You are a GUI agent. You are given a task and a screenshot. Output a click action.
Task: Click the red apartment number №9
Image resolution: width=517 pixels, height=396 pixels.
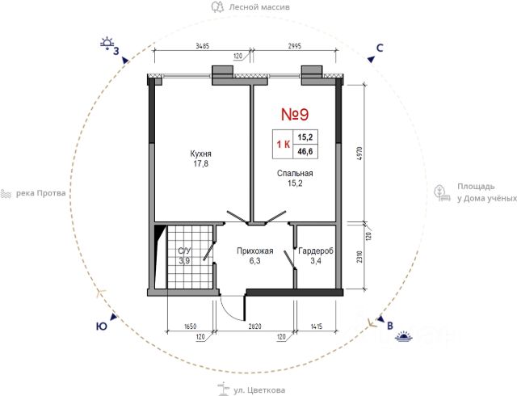[x=295, y=115]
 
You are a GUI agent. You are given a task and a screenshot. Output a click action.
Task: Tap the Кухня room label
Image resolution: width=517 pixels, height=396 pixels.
[x=201, y=154]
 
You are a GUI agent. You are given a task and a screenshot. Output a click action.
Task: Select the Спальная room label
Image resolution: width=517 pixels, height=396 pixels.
[x=295, y=173]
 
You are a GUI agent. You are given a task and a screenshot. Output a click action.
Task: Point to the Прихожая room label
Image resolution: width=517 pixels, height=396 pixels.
[x=255, y=251]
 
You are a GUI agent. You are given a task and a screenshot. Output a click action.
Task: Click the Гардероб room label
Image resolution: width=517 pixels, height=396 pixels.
[x=316, y=251]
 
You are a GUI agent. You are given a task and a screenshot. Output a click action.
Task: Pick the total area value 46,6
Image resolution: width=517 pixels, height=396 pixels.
[x=305, y=152]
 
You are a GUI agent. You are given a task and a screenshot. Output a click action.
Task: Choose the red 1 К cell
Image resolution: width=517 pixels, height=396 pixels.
[x=284, y=144]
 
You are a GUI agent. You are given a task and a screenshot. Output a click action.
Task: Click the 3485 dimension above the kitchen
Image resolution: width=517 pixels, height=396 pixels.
[x=202, y=46]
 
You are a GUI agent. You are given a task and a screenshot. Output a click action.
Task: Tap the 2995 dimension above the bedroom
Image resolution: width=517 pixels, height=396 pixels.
[x=294, y=46]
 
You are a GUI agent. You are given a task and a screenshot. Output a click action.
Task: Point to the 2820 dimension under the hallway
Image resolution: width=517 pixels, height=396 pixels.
[x=255, y=326]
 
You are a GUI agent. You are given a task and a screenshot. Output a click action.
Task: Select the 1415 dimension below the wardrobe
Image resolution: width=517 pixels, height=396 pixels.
[x=316, y=326]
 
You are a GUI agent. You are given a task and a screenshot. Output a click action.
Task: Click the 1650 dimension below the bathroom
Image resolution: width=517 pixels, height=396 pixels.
[x=191, y=326]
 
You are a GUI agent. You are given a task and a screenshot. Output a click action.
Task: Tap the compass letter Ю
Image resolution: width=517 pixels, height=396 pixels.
[x=101, y=326]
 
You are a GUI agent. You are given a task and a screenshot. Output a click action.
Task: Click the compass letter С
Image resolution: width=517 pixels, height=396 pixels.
[x=380, y=48]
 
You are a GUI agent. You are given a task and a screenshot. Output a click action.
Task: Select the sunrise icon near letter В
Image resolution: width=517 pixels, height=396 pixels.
[x=404, y=335]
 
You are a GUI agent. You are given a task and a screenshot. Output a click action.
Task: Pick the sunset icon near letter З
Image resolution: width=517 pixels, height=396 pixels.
[x=107, y=43]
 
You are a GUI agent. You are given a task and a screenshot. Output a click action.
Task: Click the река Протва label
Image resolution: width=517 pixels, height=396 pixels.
[x=41, y=193]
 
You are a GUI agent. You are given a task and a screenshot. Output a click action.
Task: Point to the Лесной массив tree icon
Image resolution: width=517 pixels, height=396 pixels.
[x=217, y=6]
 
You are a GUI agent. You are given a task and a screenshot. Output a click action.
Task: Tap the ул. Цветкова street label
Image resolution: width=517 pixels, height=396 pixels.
[x=259, y=390]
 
